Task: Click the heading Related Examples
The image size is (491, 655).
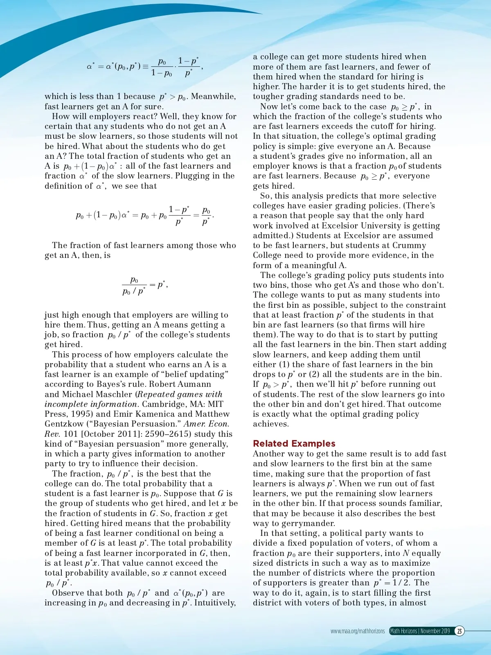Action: coord(294,443)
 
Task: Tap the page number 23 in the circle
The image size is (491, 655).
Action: coord(459,631)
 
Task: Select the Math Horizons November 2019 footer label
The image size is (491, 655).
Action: coord(420,631)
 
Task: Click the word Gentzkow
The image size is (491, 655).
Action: coord(63,424)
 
